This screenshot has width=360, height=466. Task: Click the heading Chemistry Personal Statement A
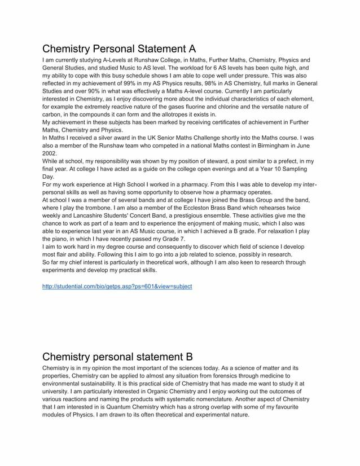coord(119,48)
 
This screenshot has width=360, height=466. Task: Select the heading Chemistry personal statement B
coord(117,357)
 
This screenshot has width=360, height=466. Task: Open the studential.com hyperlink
coord(117,286)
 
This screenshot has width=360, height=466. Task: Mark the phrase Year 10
coord(258,169)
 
